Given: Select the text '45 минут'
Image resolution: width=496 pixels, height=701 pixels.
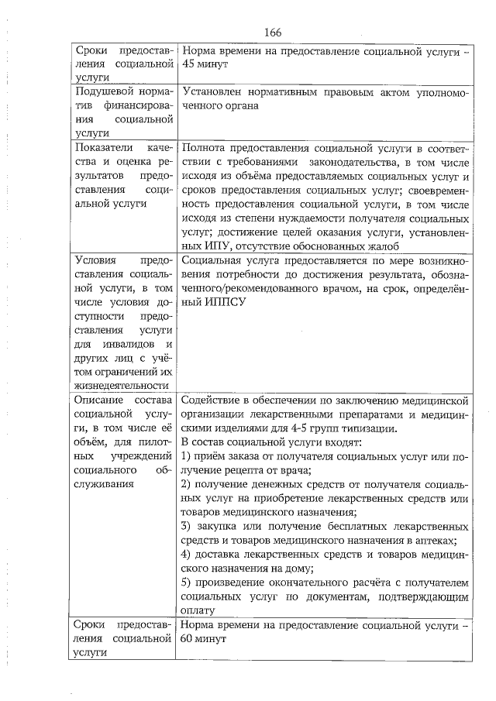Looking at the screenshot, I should click(x=203, y=66).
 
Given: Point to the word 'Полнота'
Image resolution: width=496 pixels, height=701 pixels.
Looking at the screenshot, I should click(x=202, y=148).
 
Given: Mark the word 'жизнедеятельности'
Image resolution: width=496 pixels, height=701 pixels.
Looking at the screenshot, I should click(x=119, y=385).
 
